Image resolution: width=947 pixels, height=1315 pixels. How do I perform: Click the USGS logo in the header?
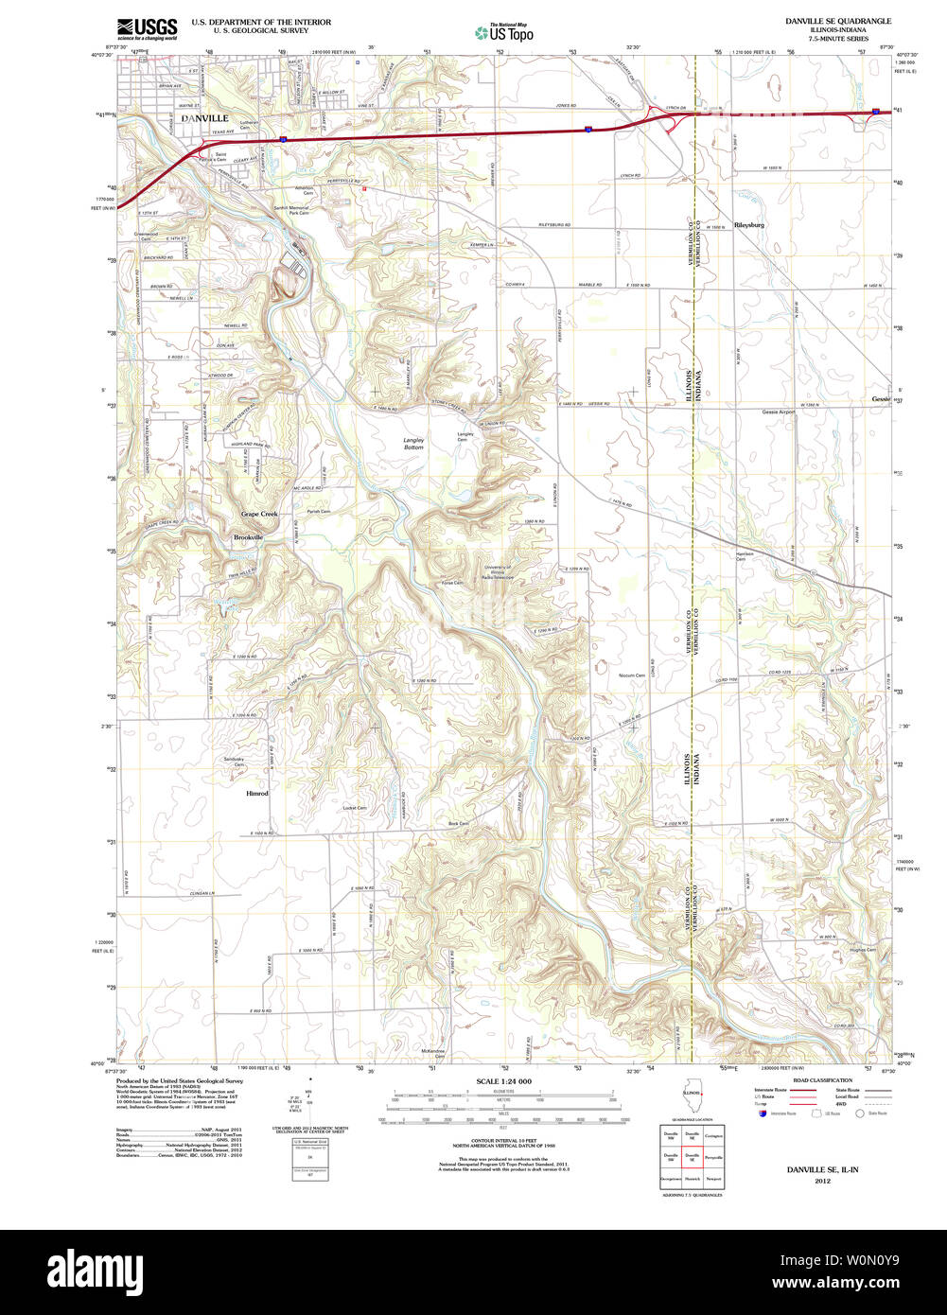pyautogui.click(x=147, y=28)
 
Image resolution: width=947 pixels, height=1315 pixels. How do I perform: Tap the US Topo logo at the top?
pyautogui.click(x=504, y=32)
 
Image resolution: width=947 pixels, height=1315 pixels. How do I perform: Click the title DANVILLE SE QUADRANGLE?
pyautogui.click(x=837, y=21)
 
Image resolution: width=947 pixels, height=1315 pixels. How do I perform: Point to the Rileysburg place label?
pyautogui.click(x=748, y=225)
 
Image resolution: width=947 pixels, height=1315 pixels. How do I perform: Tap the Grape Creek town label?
pyautogui.click(x=259, y=514)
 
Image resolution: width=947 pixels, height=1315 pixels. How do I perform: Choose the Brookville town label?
pyautogui.click(x=249, y=537)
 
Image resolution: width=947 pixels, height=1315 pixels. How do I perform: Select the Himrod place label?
pyautogui.click(x=257, y=794)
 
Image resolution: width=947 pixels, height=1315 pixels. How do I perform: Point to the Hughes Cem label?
pyautogui.click(x=863, y=950)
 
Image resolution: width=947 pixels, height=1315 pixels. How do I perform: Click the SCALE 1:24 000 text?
pyautogui.click(x=503, y=1081)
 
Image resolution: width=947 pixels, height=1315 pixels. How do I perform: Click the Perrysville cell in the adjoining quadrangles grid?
pyautogui.click(x=714, y=1156)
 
